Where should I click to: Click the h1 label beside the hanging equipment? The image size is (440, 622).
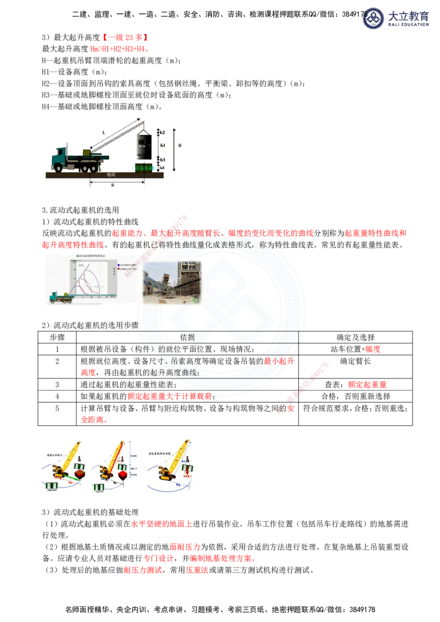(x=162, y=145)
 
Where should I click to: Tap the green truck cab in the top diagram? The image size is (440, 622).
(x=59, y=159)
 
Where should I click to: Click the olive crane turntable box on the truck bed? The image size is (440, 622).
(x=87, y=153)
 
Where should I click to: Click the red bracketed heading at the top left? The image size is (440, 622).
(x=125, y=37)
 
